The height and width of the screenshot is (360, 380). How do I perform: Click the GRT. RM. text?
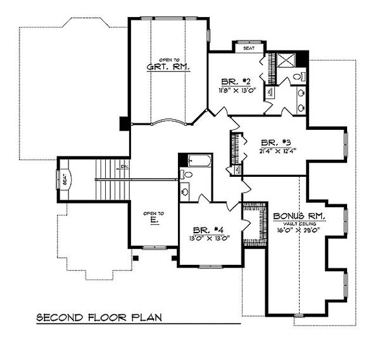(168, 67)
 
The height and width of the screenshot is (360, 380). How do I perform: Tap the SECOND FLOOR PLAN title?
(107, 316)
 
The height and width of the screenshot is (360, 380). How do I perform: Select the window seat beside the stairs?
(64, 179)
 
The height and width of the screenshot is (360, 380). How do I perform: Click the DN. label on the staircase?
(125, 167)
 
